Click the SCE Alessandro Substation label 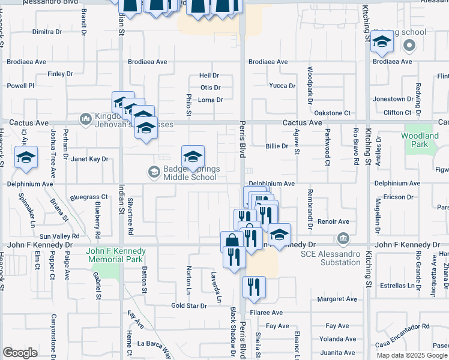[331, 257]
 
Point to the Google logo [19, 353]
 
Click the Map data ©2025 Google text [412, 355]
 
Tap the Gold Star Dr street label [188, 305]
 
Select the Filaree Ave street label [267, 313]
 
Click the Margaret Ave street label [337, 299]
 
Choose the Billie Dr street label [277, 146]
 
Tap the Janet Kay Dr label [89, 159]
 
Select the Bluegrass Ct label [88, 196]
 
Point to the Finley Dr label [60, 74]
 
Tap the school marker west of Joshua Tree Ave [26, 158]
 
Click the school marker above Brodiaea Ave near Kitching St [382, 42]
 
